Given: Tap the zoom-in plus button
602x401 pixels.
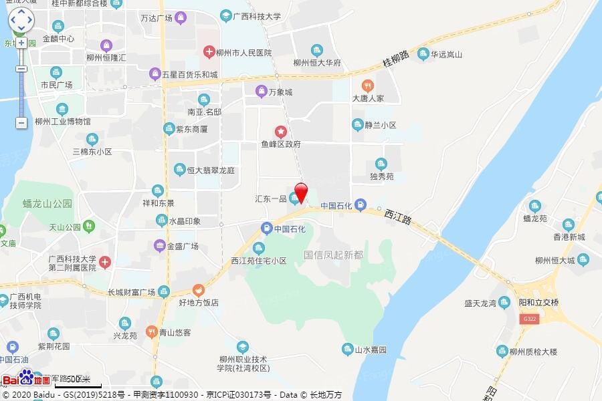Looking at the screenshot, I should pos(21,42).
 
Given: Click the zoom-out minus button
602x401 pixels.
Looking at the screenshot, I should pos(21,122).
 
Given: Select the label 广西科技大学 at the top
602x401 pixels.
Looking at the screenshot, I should pos(257,15).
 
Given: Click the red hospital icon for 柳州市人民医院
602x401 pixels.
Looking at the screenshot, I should pos(209,51).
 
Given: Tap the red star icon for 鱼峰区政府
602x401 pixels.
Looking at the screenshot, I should pos(281,131).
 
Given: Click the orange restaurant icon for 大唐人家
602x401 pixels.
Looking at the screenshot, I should pos(367,86).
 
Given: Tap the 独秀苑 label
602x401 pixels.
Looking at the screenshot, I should pos(381,177).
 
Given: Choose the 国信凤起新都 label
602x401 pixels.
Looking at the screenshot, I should pos(333,255).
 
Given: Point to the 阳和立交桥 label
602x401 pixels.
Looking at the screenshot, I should pos(538,302).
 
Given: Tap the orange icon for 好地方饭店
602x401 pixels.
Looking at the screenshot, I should pos(198,290).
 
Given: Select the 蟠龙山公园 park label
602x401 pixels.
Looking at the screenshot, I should pos(47,203).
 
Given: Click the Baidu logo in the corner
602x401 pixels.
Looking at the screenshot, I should pos(25,380).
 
